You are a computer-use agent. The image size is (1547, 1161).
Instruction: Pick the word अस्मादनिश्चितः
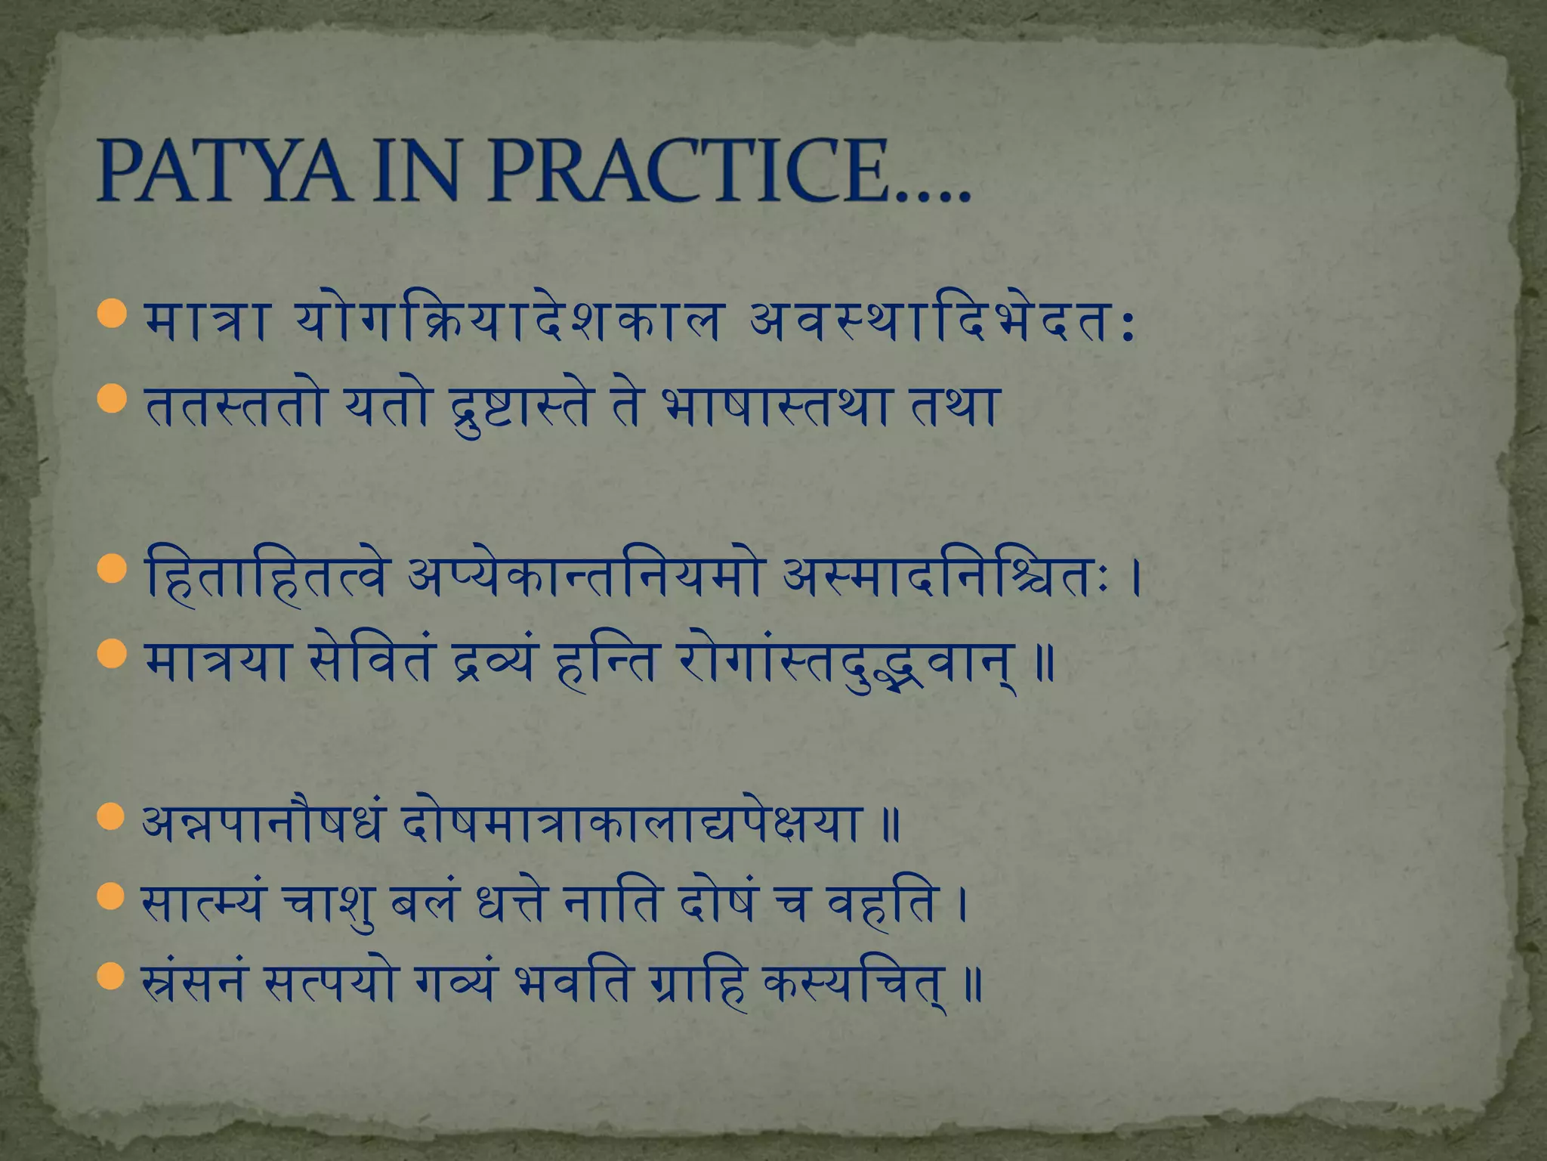coord(948,578)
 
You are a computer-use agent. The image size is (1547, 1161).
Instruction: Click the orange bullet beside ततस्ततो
coord(111,398)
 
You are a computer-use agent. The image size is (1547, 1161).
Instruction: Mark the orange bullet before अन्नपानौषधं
coord(111,817)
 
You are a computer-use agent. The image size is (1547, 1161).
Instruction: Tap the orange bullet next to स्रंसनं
coord(111,976)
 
